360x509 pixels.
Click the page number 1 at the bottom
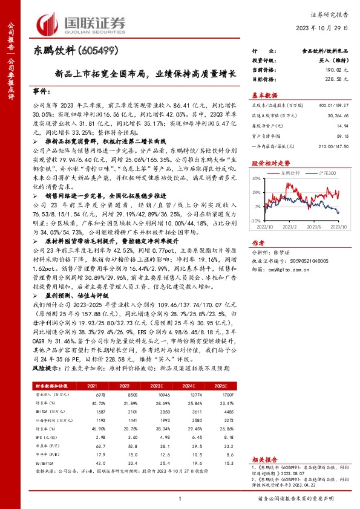[180, 498]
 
